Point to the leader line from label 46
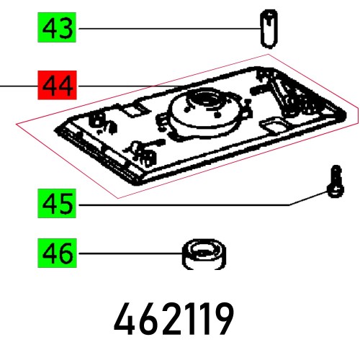click(130, 253)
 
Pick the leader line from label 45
click(187, 205)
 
